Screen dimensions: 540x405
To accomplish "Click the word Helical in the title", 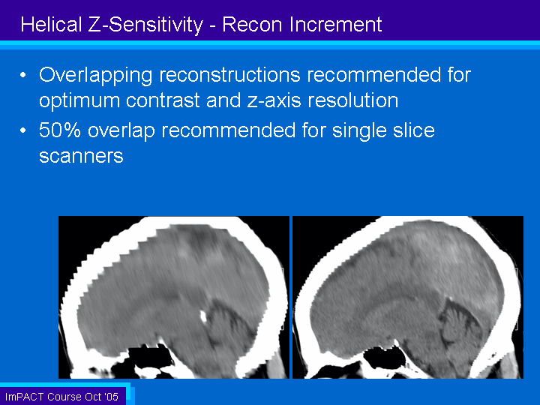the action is point(51,25).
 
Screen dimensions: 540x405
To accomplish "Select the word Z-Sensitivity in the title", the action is point(146,25).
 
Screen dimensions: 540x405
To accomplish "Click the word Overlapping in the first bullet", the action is point(95,76).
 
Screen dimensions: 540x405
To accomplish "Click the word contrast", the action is point(163,100).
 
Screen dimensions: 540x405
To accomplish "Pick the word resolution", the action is point(353,100).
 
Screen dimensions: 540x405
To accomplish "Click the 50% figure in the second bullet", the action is point(60,130).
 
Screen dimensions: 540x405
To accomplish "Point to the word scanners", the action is point(81,157).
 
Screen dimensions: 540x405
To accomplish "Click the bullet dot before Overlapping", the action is point(23,75).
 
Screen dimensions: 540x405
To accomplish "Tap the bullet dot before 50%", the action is point(23,130).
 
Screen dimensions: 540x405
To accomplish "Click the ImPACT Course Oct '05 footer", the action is point(62,397).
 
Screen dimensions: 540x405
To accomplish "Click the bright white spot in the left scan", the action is point(203,316).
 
